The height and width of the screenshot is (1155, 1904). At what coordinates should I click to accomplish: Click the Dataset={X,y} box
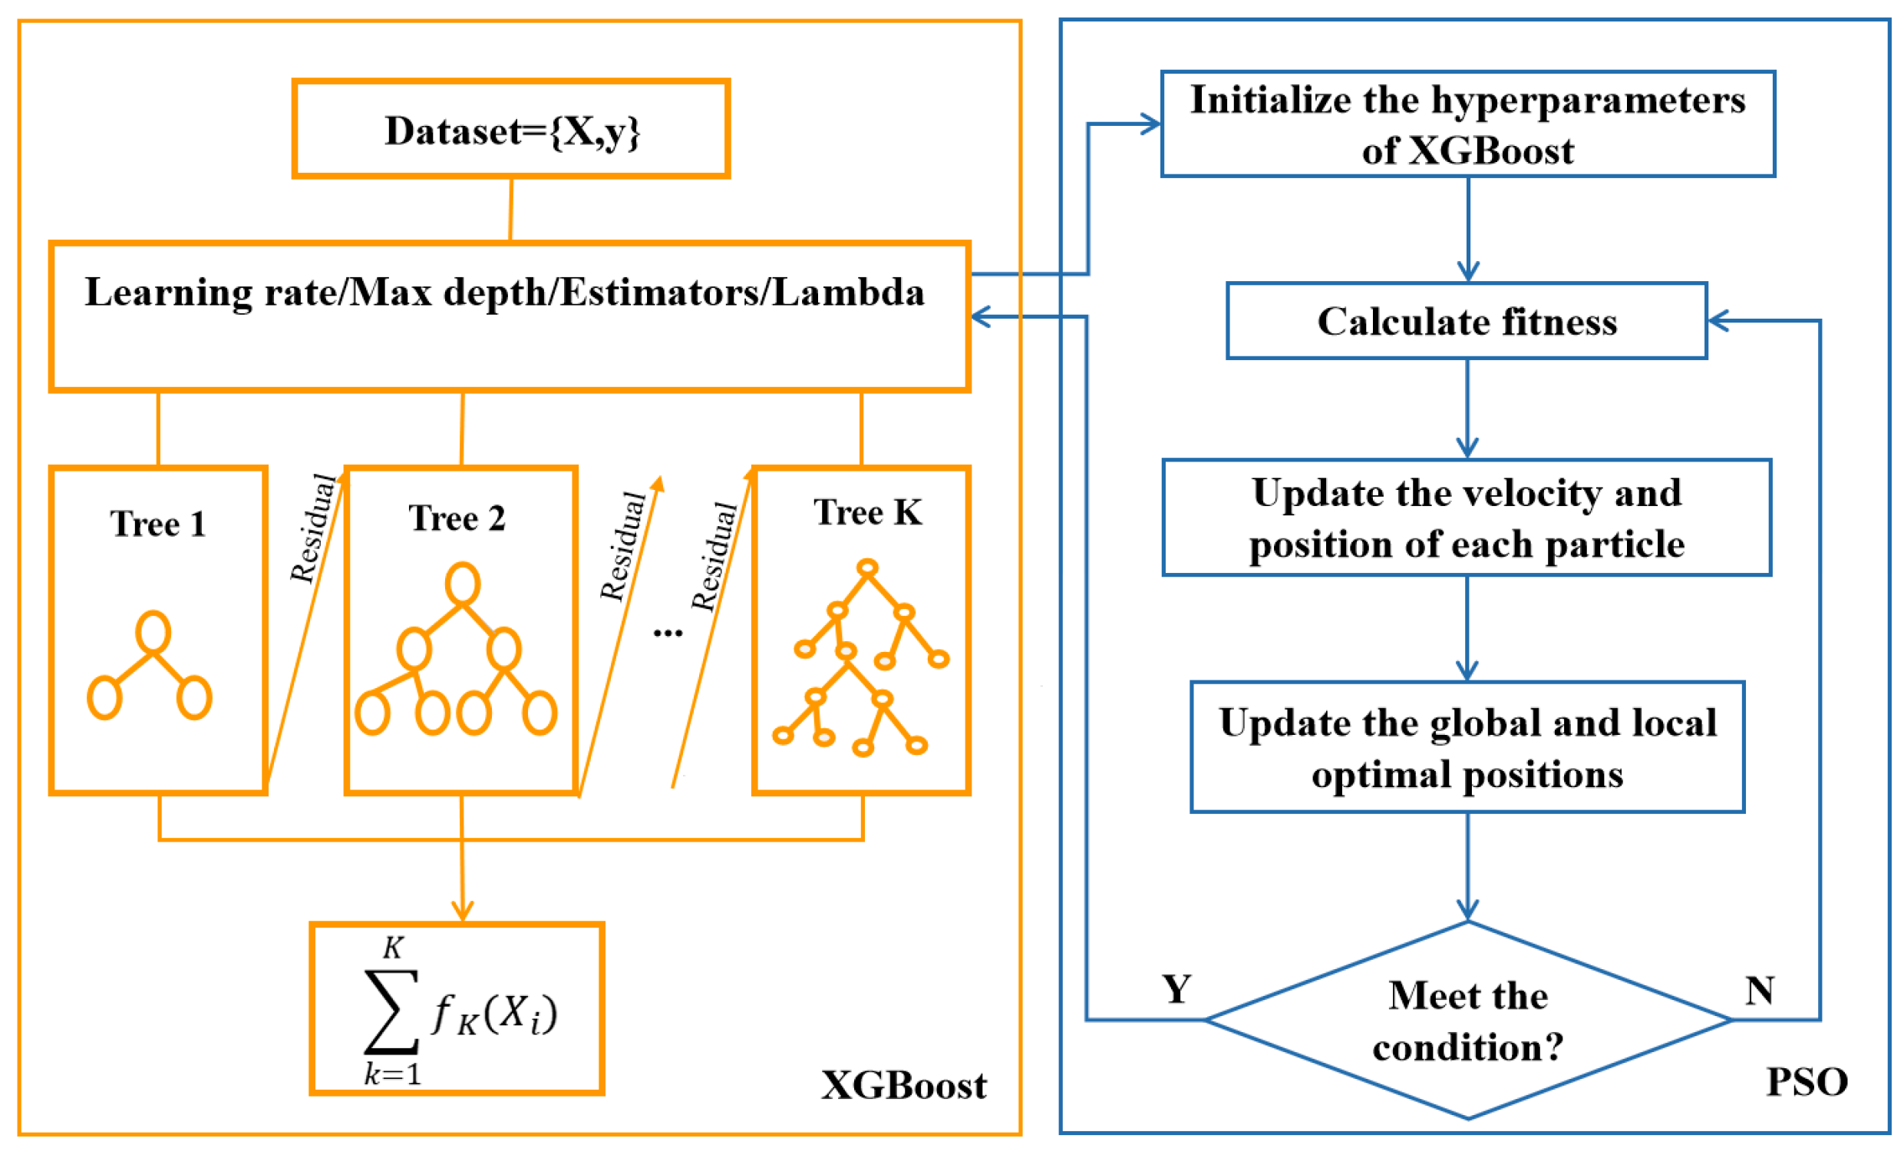tap(511, 129)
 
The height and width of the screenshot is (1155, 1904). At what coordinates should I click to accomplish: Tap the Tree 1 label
tap(157, 525)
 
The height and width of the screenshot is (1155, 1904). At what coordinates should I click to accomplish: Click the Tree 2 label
tap(457, 518)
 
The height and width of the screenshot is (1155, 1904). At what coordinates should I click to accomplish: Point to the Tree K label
tap(867, 512)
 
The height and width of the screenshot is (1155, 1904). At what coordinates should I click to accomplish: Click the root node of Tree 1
tap(153, 631)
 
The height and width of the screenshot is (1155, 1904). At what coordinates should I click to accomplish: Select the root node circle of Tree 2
tap(462, 584)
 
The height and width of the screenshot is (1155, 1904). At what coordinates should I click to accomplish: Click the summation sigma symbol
tap(391, 1011)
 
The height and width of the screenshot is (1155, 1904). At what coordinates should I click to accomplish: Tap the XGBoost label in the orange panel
tap(903, 1086)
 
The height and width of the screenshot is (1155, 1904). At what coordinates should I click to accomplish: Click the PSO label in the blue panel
tap(1807, 1082)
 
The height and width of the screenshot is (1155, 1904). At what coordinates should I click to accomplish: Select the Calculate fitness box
tap(1466, 321)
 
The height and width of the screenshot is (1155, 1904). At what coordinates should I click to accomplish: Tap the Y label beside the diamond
tap(1176, 990)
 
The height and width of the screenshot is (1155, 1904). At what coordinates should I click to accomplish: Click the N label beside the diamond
tap(1760, 991)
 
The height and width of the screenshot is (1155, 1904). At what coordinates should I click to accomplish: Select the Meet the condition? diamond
tap(1467, 1021)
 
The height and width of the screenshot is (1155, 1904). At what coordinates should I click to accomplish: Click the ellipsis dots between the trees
tap(668, 633)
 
